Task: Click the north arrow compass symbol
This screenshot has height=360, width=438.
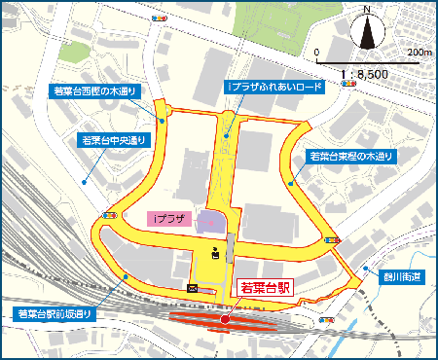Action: (368, 30)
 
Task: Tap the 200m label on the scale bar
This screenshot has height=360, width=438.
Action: (420, 52)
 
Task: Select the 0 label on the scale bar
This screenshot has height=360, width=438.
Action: (318, 52)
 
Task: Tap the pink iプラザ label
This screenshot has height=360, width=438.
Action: (171, 220)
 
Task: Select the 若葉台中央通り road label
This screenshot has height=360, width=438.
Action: (112, 140)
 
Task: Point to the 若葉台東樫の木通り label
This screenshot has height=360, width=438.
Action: (351, 155)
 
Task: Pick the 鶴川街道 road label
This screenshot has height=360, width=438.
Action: (394, 277)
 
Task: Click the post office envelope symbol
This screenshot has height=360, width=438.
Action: (192, 288)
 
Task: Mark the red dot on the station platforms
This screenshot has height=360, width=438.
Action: (224, 317)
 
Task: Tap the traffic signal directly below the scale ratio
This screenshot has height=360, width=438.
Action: (348, 85)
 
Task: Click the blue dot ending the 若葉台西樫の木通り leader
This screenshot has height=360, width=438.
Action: (162, 122)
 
